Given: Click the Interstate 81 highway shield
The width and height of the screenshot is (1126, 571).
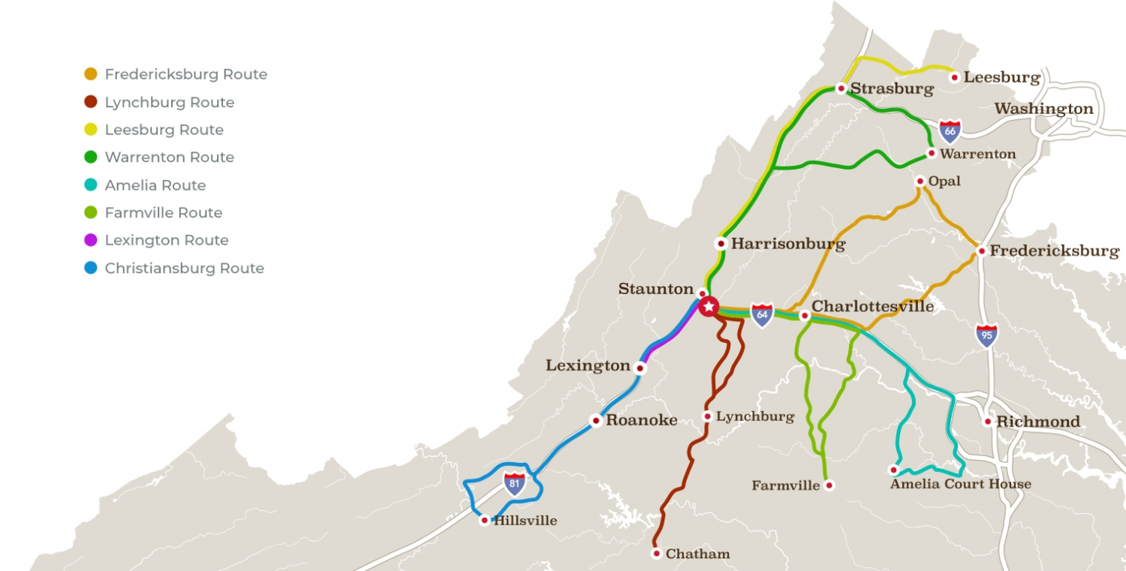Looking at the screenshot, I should (514, 482).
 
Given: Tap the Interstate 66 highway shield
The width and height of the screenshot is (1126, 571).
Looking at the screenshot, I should (950, 131).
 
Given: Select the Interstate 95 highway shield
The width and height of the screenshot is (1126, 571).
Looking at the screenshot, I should (986, 335).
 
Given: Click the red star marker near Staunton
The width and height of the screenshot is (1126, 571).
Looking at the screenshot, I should (709, 307).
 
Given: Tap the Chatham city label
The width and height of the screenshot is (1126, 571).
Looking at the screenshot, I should (697, 554).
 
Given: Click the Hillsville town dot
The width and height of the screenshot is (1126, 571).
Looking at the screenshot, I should (485, 520).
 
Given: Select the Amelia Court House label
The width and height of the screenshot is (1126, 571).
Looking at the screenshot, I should (960, 484).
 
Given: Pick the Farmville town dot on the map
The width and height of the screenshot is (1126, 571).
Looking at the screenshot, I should (829, 485).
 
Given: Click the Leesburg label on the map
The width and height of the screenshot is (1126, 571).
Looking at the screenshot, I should (1001, 77).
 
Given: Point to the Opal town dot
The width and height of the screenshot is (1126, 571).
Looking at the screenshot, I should (920, 181).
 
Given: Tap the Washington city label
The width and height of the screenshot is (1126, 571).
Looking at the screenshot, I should (1043, 109).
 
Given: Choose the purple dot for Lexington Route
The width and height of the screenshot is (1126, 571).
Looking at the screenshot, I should (91, 240).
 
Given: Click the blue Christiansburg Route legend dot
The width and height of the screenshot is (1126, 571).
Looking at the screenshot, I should (91, 268).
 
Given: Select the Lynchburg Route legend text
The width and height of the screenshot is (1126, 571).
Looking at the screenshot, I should (170, 102).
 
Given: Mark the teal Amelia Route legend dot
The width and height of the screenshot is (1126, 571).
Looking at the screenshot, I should (91, 185).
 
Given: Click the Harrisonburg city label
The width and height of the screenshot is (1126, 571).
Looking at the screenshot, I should (787, 244).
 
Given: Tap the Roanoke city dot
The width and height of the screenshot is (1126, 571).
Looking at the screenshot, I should (595, 421).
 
